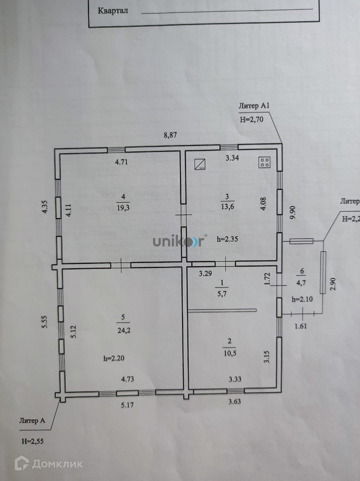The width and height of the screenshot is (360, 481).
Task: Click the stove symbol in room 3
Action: pos(264,163)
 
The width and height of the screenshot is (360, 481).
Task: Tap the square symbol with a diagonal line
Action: pos(200,164)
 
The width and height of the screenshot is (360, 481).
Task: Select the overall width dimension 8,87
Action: pos(170,135)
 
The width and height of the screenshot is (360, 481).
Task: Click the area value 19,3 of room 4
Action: pos(123,207)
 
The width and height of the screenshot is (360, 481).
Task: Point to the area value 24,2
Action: pos(124,330)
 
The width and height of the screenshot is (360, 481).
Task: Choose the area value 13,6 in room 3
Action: pos(227,207)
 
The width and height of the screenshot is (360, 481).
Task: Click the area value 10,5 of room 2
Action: pos(230,353)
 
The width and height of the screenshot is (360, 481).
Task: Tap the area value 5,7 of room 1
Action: pos(222,294)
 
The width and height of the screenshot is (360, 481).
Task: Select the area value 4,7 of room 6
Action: pos(301,283)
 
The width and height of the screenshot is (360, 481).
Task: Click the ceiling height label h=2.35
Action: pos(227,239)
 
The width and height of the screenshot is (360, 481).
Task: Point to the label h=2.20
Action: pos(114,358)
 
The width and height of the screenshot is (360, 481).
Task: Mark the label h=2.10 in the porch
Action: pos(302,299)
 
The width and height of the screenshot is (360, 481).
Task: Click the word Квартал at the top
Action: pos(113,11)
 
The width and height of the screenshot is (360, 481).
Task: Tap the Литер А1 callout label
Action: pos(254,106)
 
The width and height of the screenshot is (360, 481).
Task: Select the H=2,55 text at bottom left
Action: pos(32,441)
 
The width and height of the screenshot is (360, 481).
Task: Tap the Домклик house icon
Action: pos(22,463)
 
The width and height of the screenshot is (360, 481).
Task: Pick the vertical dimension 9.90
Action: pos(293,213)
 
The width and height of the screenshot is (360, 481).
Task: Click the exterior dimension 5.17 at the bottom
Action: pos(127,405)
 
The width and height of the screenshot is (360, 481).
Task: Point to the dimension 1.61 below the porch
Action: pos(300,326)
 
